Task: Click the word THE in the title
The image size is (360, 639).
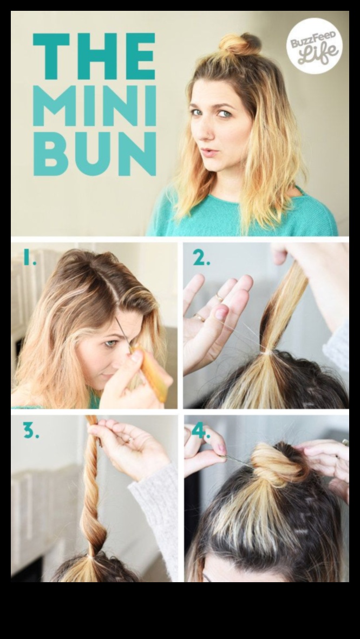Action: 94,56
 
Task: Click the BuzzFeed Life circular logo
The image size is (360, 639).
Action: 315,46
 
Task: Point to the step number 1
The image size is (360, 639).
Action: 29,259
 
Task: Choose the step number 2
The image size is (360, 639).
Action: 201,259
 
